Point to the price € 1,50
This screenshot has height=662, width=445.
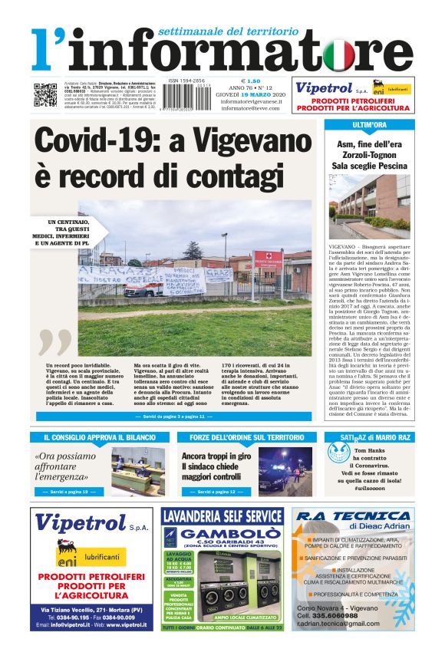(x=251, y=81)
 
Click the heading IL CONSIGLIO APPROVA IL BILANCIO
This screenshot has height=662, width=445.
(x=97, y=437)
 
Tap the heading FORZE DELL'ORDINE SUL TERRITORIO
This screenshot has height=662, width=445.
(x=245, y=437)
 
